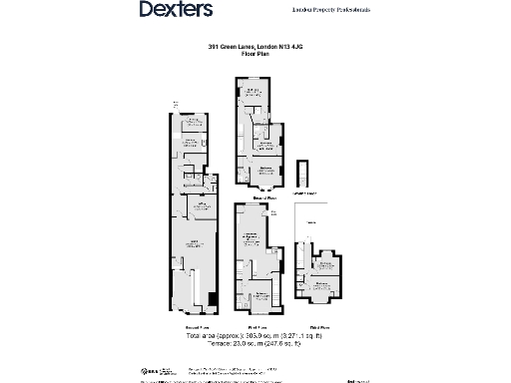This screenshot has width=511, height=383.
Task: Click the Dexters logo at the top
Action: pos(175,10)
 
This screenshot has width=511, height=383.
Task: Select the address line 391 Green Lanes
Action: pos(255,46)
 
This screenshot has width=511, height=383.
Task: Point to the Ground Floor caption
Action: pos(197,326)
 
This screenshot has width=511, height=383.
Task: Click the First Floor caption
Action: pos(258,326)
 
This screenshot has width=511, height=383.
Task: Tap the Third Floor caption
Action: pos(319,326)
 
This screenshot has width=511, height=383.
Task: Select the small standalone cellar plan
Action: pos(305,173)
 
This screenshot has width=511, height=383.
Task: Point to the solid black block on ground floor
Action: pos(211,300)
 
